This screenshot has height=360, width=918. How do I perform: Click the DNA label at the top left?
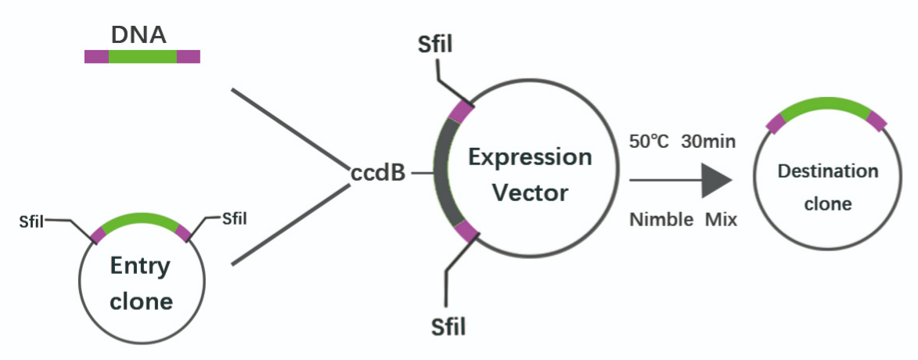coord(139,35)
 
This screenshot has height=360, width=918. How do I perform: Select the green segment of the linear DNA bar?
coord(142,56)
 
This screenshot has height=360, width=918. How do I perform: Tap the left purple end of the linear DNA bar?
coord(96,56)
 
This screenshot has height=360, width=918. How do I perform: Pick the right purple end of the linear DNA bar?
coord(189,56)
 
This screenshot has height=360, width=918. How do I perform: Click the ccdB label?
coord(378,174)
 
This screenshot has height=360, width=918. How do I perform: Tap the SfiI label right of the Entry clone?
coord(235,219)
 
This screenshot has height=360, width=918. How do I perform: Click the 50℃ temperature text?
coord(649,142)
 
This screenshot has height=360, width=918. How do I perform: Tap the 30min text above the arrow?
coord(708,142)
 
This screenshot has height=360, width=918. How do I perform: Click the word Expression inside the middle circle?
coord(529,157)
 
